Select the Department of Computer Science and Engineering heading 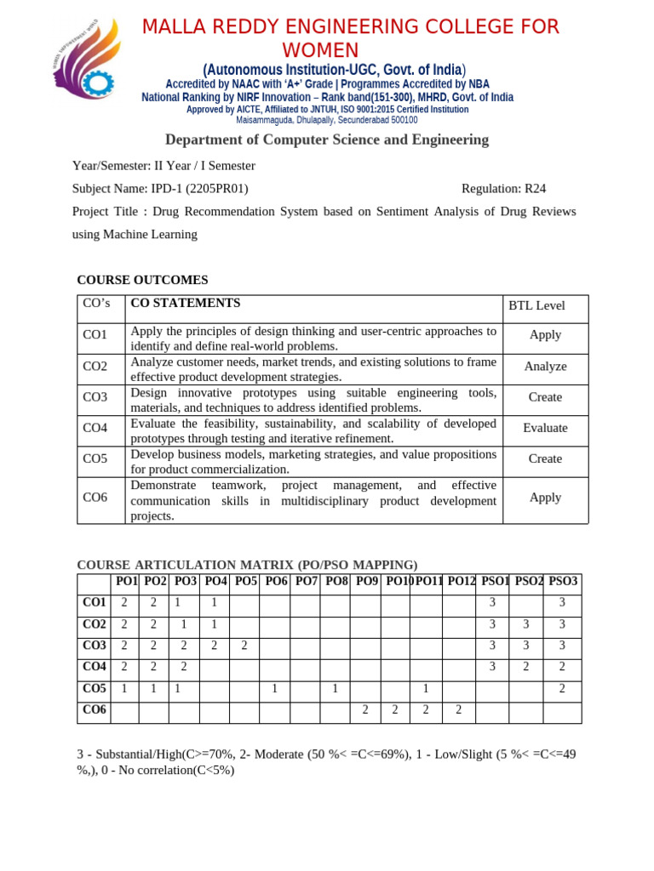[x=327, y=139]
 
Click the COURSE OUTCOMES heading [x=142, y=280]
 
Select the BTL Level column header [x=536, y=306]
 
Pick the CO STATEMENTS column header [x=185, y=303]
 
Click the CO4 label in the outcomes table [x=95, y=428]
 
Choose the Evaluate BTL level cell [x=545, y=428]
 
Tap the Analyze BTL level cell [x=545, y=367]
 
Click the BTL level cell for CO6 [x=545, y=498]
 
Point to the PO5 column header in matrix [x=245, y=582]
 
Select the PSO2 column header [x=529, y=582]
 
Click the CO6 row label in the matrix [x=94, y=709]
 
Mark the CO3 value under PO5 [x=244, y=646]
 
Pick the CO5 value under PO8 [x=336, y=688]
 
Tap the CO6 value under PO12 [x=458, y=709]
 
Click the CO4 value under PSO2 [x=526, y=667]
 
